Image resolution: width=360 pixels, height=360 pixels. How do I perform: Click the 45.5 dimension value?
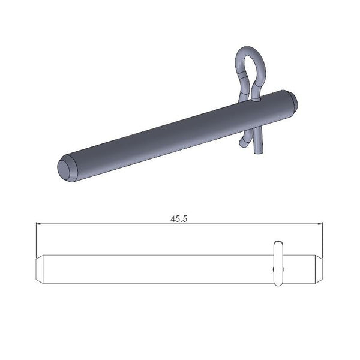179,219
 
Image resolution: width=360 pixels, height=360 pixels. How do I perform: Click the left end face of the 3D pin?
65,169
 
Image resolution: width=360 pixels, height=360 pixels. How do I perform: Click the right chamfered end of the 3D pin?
290,101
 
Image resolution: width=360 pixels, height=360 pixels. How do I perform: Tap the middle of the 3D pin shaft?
174,135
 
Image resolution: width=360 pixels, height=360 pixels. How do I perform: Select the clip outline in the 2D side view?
277,263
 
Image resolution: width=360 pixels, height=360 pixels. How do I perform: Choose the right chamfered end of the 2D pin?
319,268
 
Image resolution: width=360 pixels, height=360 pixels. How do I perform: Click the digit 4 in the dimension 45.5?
173,219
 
